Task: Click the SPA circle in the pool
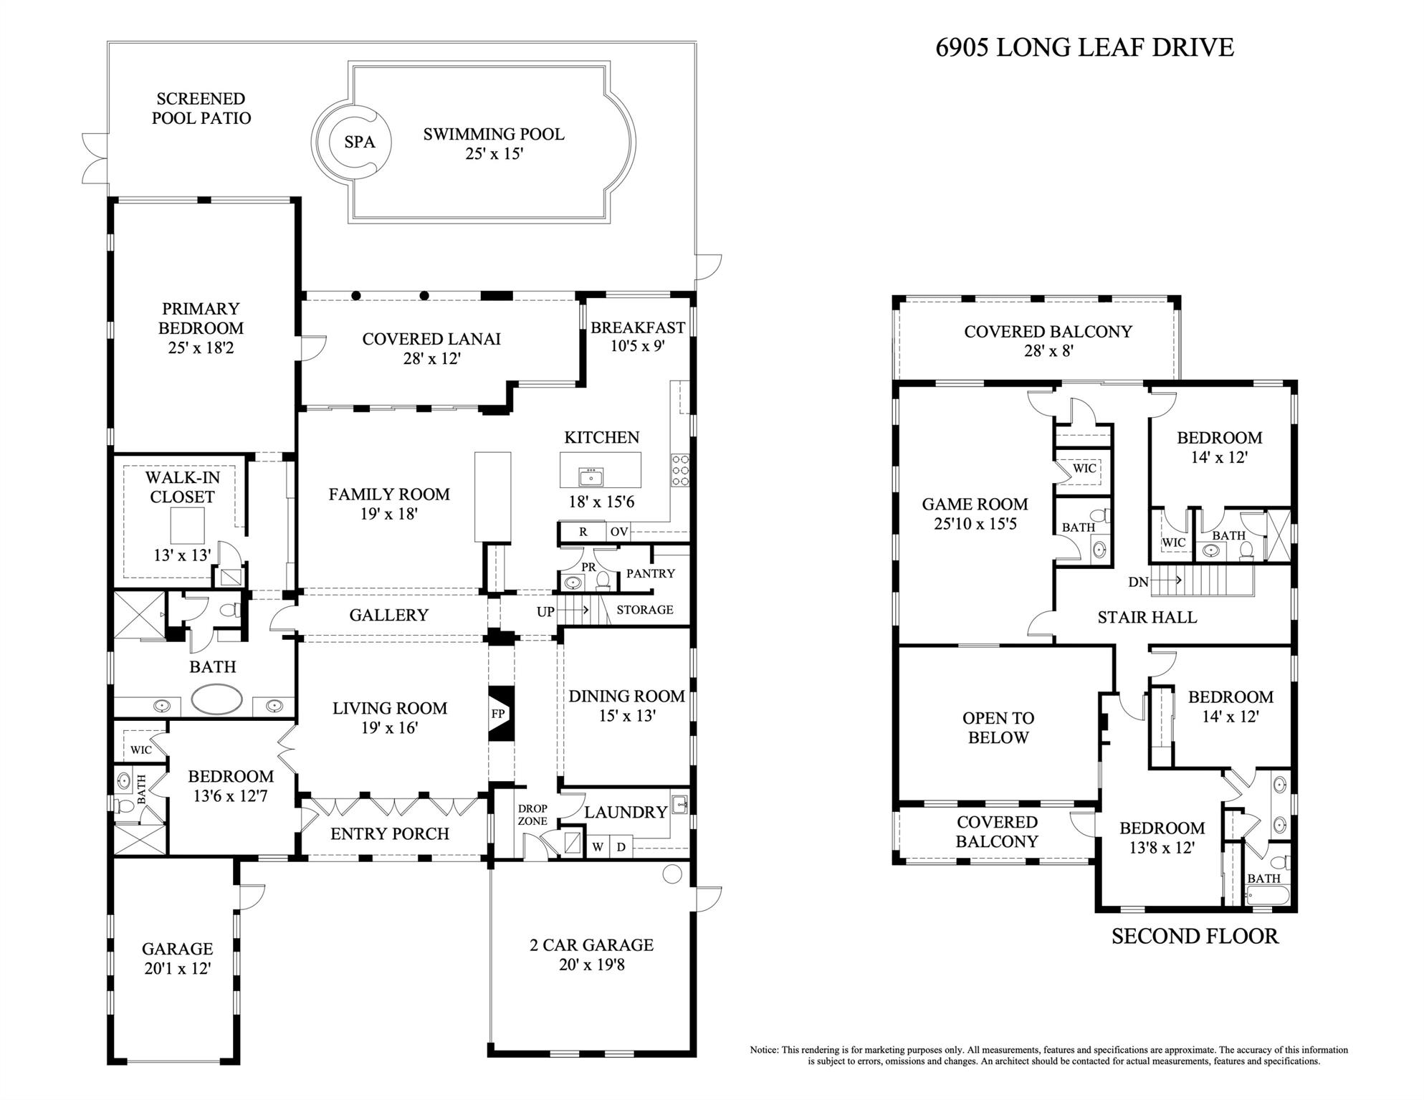360,142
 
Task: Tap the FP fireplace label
498,714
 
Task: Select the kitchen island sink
592,477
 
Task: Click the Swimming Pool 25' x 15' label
494,143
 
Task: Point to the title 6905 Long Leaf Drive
1084,47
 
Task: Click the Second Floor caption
1195,936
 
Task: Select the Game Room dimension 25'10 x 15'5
975,524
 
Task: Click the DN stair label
1138,582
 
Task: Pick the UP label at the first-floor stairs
545,612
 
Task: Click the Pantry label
650,573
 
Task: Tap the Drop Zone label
532,815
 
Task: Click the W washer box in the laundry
598,847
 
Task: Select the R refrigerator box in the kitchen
583,532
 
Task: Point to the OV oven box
618,532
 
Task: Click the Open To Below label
998,727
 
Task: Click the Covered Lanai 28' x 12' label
431,348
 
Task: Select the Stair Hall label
1147,617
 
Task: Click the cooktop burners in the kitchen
680,470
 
